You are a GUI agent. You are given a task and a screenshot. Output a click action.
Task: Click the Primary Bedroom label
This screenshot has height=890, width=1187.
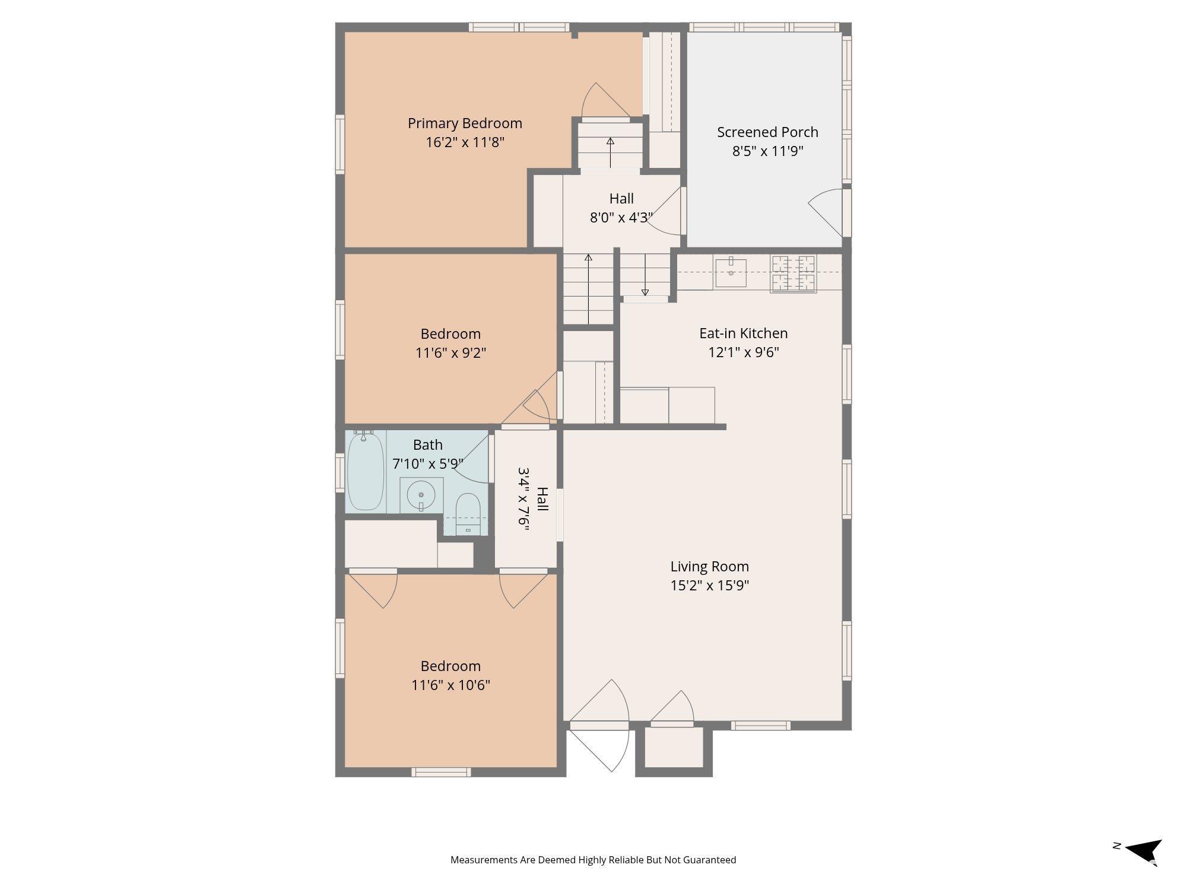click(465, 123)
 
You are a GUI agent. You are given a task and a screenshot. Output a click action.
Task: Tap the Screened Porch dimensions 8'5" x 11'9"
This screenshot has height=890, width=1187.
click(767, 151)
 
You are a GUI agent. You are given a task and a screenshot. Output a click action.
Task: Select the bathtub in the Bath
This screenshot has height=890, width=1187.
click(366, 472)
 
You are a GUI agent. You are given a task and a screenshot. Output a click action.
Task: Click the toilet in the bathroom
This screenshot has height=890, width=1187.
click(468, 514)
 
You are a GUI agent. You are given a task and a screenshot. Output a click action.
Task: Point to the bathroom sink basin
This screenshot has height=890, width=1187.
click(421, 495)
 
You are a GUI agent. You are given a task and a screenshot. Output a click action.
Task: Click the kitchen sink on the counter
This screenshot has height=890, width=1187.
click(731, 272)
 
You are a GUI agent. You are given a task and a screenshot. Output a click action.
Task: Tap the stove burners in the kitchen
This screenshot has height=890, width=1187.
click(793, 274)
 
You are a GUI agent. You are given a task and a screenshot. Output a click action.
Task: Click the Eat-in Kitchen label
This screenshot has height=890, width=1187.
click(743, 333)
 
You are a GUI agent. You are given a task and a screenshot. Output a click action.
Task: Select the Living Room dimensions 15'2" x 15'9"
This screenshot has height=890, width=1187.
click(710, 586)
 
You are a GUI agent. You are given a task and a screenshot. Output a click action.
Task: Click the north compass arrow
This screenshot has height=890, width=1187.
click(1144, 852)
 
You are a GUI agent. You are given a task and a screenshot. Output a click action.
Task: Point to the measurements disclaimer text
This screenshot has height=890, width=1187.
click(593, 860)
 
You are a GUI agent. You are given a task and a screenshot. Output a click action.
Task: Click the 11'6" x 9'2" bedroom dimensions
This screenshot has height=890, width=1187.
click(450, 353)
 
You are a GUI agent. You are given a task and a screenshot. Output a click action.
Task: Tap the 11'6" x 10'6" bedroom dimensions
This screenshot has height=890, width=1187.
click(450, 685)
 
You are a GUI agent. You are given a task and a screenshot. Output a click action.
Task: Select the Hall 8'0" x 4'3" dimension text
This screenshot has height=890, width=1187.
click(621, 218)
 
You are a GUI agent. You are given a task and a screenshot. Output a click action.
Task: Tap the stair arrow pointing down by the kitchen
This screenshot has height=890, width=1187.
click(645, 275)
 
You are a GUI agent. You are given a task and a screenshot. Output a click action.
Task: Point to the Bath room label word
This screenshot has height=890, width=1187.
click(428, 445)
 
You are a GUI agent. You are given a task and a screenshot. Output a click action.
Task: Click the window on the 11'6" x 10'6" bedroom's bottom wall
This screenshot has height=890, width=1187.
click(442, 772)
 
